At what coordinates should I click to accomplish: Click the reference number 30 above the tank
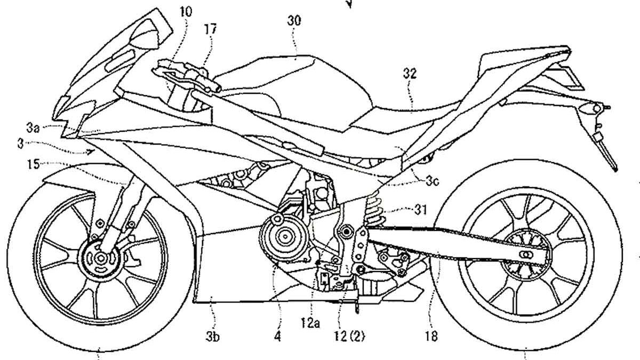(294, 21)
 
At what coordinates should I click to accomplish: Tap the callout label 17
(211, 29)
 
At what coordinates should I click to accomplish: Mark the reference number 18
(432, 337)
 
